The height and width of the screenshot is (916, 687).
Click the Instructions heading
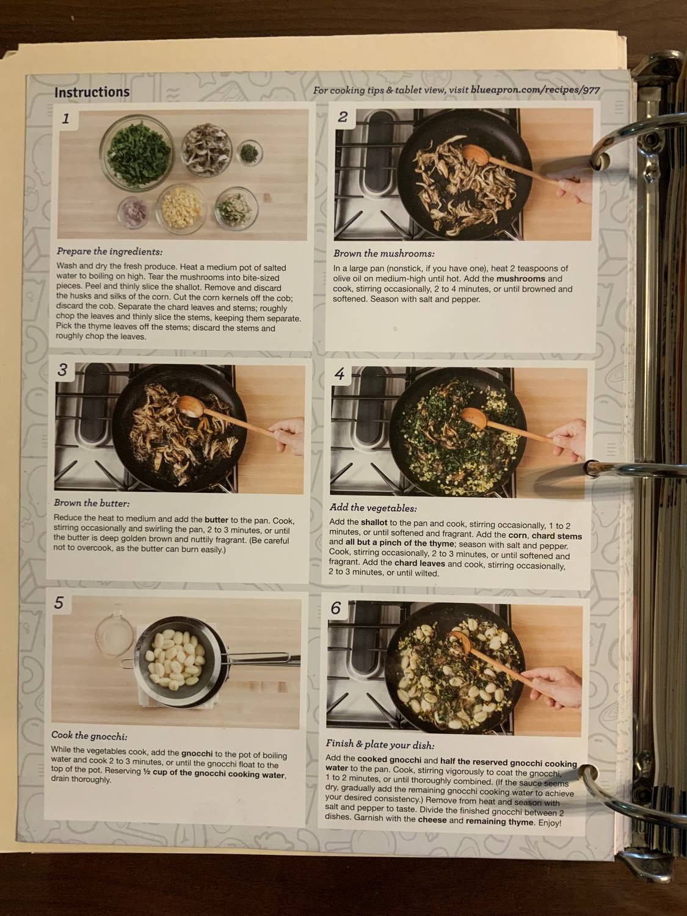pyautogui.click(x=92, y=92)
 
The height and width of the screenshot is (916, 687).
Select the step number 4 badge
pyautogui.click(x=340, y=374)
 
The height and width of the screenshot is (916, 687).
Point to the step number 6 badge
pyautogui.click(x=336, y=608)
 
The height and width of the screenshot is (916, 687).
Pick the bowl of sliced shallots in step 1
pyautogui.click(x=133, y=211)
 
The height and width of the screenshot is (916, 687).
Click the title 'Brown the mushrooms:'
pyautogui.click(x=383, y=253)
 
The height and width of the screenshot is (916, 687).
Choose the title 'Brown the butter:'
pyautogui.click(x=92, y=504)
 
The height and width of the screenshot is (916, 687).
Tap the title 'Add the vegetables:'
pyautogui.click(x=373, y=507)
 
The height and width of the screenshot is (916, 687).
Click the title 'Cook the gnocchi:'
pyautogui.click(x=89, y=736)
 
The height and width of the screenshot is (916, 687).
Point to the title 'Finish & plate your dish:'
pyautogui.click(x=380, y=745)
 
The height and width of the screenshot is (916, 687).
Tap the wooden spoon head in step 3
pyautogui.click(x=191, y=407)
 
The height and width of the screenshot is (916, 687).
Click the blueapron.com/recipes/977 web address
pyautogui.click(x=535, y=90)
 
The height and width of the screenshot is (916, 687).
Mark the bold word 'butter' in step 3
pyautogui.click(x=216, y=521)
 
